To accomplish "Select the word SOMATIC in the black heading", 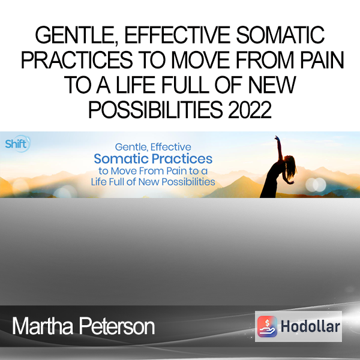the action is [280, 35].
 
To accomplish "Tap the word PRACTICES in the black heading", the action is [77, 60].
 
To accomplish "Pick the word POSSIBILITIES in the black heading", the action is [155, 110].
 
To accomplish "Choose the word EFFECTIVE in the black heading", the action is [178, 35].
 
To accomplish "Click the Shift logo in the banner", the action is [17, 144].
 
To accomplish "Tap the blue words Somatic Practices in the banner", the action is [153, 159].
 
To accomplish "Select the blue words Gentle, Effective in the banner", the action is [153, 147].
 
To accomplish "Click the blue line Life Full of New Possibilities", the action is [153, 182].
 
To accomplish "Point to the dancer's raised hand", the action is [278, 139].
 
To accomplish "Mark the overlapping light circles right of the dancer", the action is [316, 185].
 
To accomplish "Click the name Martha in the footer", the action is [43, 326].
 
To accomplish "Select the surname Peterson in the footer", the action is [117, 326].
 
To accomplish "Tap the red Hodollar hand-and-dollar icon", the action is [267, 326].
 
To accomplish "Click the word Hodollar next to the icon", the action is [310, 326].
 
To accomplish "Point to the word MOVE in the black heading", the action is [200, 60].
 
